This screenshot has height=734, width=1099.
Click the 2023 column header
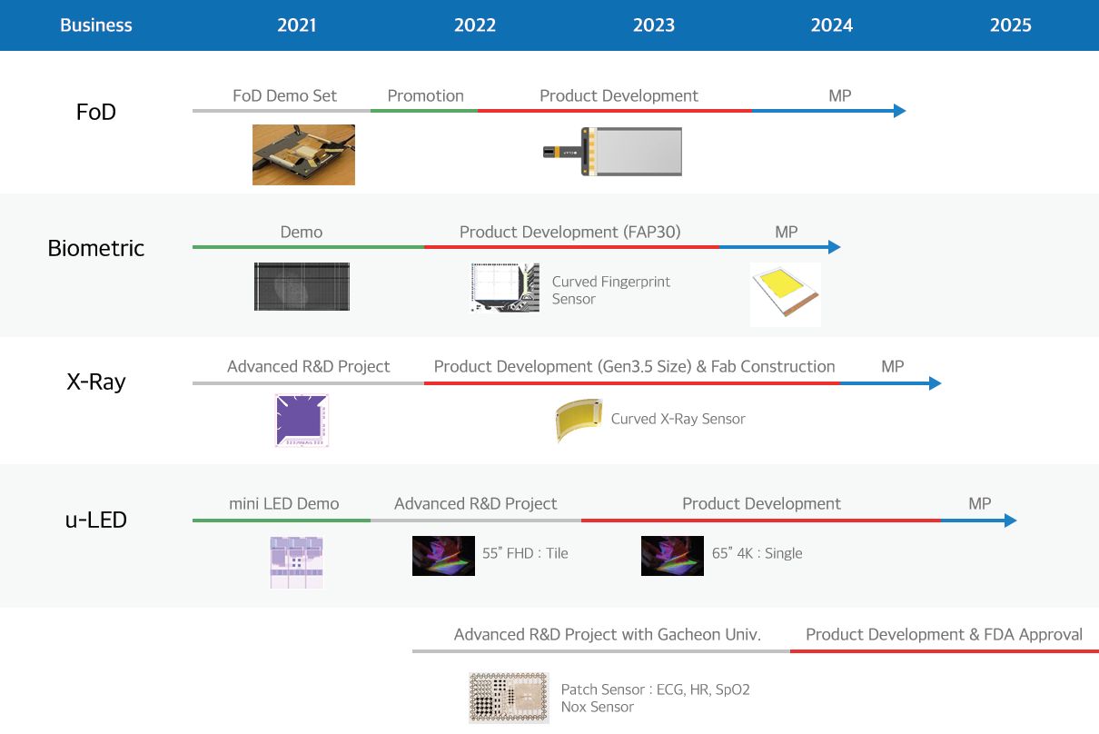[x=654, y=25]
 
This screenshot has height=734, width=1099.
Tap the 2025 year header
[x=1010, y=25]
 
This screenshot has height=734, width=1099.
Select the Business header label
[x=96, y=25]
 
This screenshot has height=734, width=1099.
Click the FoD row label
[x=96, y=112]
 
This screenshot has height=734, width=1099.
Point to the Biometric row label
[x=96, y=248]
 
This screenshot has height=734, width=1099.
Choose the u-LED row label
[x=96, y=520]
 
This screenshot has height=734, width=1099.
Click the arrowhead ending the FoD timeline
[x=899, y=111]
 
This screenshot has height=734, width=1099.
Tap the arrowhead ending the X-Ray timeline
[x=936, y=383]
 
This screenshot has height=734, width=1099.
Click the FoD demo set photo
[x=303, y=154]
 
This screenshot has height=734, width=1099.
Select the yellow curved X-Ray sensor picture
[x=578, y=420]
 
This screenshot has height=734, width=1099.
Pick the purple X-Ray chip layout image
[x=302, y=421]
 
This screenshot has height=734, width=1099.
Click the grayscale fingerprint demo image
[x=302, y=286]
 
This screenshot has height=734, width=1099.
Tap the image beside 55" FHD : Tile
[x=443, y=556]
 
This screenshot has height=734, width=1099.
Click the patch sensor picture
[x=509, y=698]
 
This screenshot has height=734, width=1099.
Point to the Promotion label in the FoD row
[x=425, y=95]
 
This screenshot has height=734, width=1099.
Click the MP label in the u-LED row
[x=980, y=503]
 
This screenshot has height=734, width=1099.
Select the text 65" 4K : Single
[x=757, y=553]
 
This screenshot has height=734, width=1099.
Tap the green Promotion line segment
[x=424, y=111]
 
